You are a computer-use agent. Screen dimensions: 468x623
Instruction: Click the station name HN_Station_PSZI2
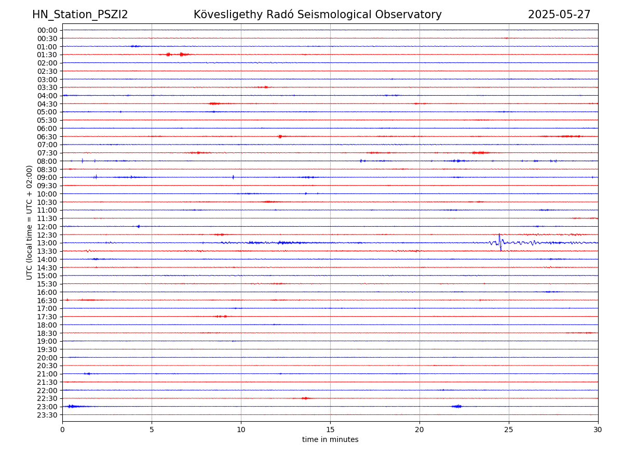click(80, 15)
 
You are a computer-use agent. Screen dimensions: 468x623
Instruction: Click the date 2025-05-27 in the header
click(559, 15)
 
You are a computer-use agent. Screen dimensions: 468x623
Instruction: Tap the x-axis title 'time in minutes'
click(330, 439)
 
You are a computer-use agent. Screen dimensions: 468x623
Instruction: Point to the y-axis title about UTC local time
click(30, 222)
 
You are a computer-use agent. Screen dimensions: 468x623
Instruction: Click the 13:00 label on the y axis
click(47, 243)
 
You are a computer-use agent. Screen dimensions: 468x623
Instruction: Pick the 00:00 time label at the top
click(47, 30)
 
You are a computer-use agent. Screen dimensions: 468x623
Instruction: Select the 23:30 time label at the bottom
click(47, 415)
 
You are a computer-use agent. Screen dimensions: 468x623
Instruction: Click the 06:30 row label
click(47, 136)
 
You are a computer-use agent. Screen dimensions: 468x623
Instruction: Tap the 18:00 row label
click(47, 325)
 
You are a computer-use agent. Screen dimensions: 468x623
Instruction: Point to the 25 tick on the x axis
click(509, 430)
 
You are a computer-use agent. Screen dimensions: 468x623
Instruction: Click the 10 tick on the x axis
click(241, 430)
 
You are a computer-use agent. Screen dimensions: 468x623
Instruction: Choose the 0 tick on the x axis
click(62, 430)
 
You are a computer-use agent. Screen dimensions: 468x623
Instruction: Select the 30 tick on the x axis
click(598, 430)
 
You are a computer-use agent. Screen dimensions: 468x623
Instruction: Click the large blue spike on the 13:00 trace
click(499, 242)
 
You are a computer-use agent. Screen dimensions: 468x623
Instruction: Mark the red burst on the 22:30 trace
click(305, 398)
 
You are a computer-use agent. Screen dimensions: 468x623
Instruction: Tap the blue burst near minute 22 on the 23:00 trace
click(457, 406)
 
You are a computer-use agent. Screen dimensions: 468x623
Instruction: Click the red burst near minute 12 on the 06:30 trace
click(280, 136)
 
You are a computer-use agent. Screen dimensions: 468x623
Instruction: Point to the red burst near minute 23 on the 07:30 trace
click(480, 152)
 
